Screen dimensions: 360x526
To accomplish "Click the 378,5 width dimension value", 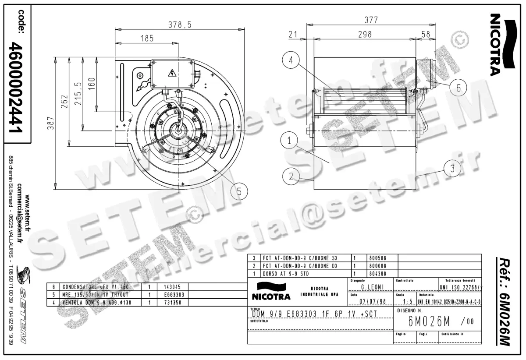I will pos(180,25).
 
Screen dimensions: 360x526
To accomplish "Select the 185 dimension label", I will pos(147,39).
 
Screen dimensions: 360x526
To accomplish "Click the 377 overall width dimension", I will pos(370,20).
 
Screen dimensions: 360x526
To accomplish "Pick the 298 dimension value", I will pos(364,34).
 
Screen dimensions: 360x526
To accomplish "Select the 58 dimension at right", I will pos(425,34).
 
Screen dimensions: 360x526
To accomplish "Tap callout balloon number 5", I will pos(239,191).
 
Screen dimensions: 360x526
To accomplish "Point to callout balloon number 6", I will pos(458,88).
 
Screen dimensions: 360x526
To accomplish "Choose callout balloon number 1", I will pos(290,141).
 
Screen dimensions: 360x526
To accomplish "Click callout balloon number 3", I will pos(452,168).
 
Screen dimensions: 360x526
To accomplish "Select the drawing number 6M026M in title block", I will pos(429,322).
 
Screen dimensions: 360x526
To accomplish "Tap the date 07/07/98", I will pos(372,301).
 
